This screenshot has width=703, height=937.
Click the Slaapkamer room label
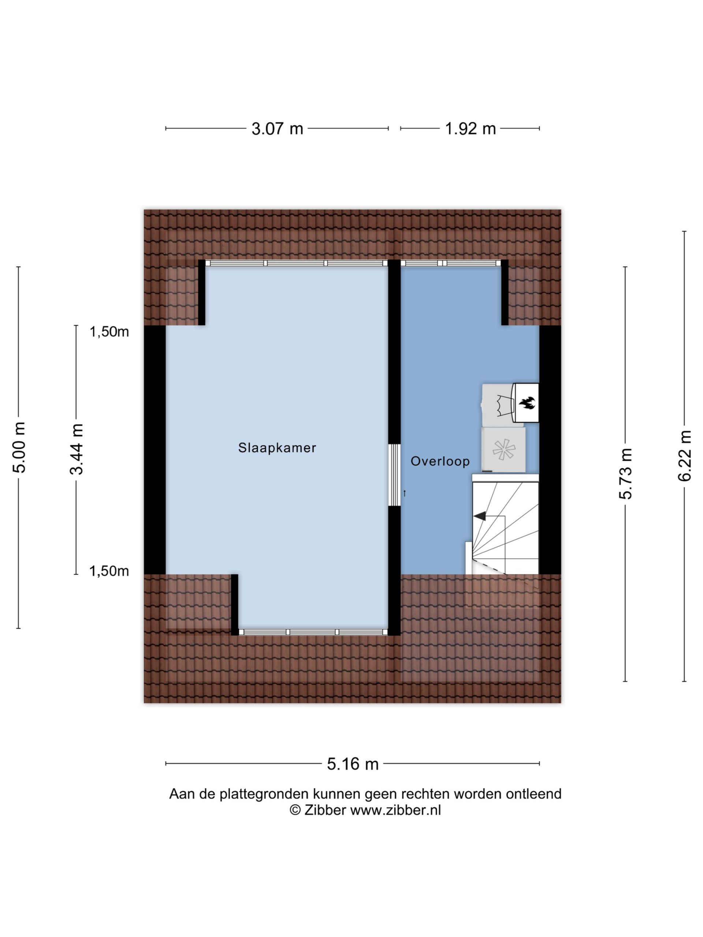[x=277, y=448]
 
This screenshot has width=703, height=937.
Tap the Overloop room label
[x=440, y=461]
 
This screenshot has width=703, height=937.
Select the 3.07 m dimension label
[x=277, y=128]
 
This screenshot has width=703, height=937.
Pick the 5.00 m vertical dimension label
[x=19, y=447]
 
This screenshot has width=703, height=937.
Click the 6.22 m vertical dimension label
[x=684, y=456]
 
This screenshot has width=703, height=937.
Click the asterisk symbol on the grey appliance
[x=504, y=449]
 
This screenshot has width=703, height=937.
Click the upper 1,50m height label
[x=109, y=332]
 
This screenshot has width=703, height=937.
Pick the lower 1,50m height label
[x=109, y=571]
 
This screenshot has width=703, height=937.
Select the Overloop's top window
[x=451, y=263]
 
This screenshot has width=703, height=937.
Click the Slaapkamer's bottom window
[x=313, y=632]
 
